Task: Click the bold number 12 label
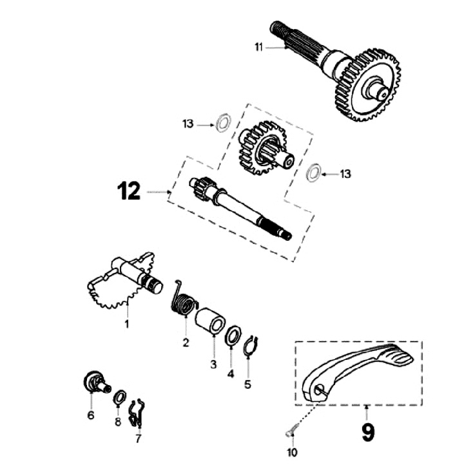(x=129, y=192)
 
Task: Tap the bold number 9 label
(x=367, y=431)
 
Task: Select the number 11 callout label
(x=258, y=46)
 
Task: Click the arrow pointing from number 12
(x=159, y=192)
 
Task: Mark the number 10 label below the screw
(x=294, y=453)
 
